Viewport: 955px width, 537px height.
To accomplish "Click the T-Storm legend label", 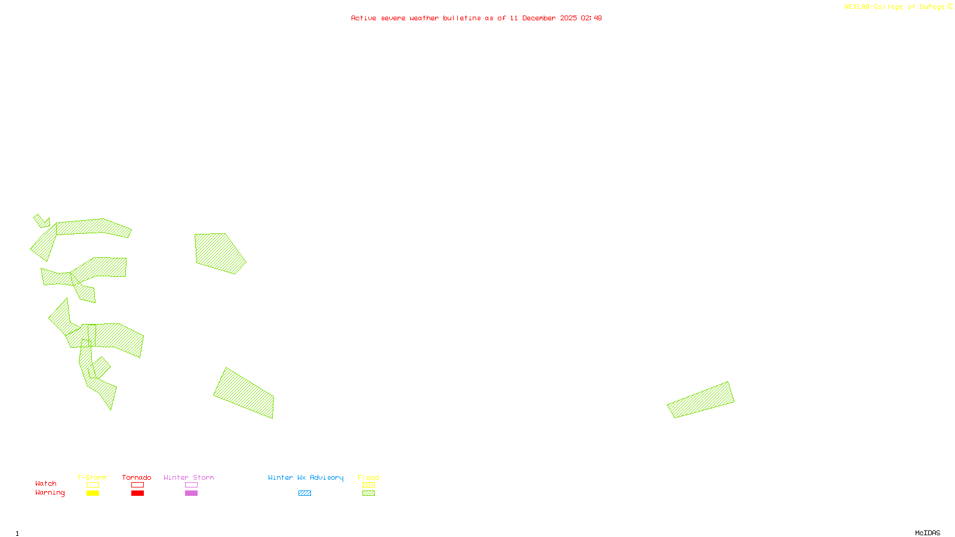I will (x=92, y=477).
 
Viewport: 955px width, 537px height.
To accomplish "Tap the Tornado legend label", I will (x=137, y=477).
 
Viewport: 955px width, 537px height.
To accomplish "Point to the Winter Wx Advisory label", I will (x=306, y=477).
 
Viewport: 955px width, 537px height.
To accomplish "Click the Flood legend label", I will (x=368, y=477).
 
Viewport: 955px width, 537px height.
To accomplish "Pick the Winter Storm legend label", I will (x=189, y=477).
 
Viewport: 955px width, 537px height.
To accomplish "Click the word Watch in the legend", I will (x=46, y=483).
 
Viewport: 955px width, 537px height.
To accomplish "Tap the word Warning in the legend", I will (x=50, y=493).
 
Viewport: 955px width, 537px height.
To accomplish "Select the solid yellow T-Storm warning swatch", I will (x=93, y=493).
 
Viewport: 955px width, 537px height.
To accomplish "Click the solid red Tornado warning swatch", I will (x=137, y=493).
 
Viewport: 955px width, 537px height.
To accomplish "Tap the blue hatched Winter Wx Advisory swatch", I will (x=304, y=493).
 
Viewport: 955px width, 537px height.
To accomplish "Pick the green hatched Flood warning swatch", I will (x=369, y=493).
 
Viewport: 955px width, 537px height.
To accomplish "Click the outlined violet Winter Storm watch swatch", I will (x=191, y=485).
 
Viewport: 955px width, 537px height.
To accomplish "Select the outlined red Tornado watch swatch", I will (x=137, y=485).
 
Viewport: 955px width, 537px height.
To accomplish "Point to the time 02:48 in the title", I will (x=591, y=18).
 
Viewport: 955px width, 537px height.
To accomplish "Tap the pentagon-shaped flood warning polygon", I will (x=218, y=252).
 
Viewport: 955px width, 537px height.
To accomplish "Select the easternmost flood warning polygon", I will (x=701, y=400).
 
